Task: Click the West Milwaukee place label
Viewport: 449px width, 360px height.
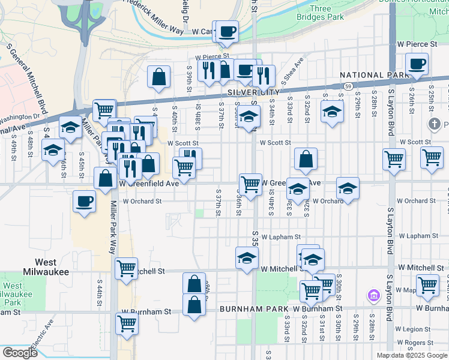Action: coord(46,267)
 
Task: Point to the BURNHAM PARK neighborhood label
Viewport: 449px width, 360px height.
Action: coord(254,308)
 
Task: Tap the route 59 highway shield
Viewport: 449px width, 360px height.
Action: coord(348,86)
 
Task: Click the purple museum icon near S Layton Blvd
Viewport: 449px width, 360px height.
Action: coord(373,295)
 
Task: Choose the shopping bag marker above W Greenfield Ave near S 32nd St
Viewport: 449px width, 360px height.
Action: coord(306,158)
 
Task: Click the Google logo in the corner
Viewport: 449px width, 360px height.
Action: coord(19,353)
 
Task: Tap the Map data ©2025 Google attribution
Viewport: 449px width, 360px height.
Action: coord(411,355)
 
